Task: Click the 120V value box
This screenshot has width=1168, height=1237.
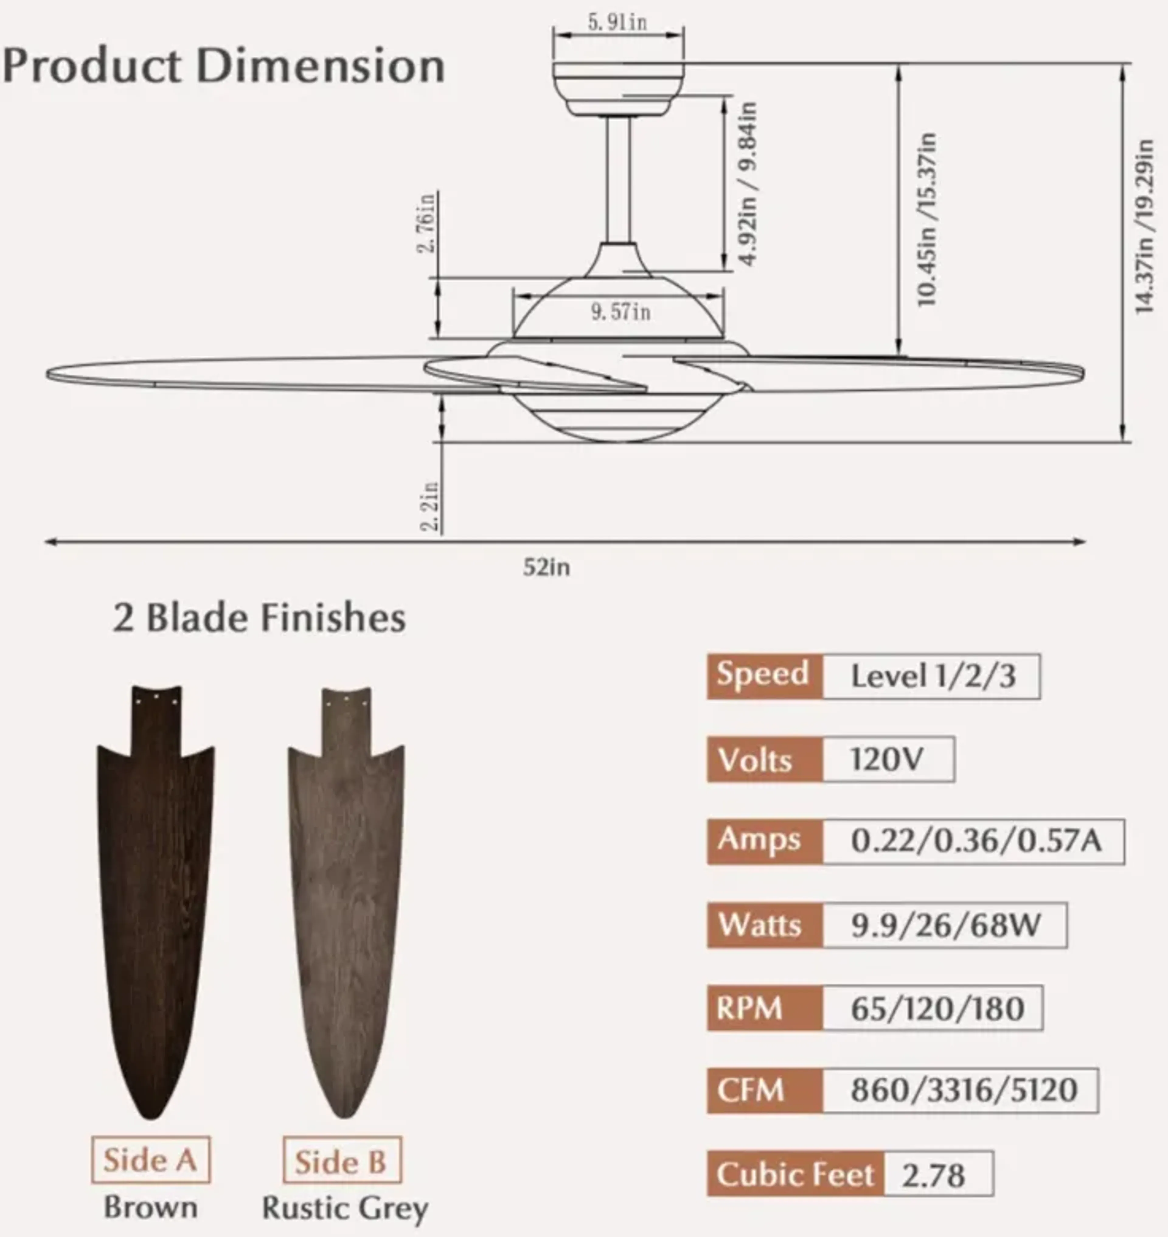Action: tap(888, 759)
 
